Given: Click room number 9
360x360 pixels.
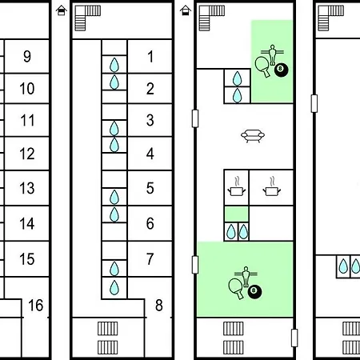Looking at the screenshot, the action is click(27, 56).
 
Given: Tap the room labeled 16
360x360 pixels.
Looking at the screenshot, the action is click(36, 306).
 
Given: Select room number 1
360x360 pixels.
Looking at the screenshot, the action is click(150, 57).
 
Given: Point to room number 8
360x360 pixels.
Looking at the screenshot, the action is click(159, 306).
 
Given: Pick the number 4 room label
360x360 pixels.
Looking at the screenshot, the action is click(150, 154).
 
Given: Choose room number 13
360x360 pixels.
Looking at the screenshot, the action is click(27, 188).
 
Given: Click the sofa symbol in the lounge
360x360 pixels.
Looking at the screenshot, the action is click(253, 136).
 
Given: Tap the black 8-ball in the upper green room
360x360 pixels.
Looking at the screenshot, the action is click(281, 70).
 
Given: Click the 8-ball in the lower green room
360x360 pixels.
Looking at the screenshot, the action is click(254, 291).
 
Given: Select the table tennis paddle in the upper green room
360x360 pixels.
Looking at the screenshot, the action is click(262, 66).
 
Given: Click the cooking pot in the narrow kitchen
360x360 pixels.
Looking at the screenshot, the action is click(236, 186).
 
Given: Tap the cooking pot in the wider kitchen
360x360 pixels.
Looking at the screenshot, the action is click(271, 186).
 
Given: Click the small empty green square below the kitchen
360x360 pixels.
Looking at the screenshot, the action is click(237, 214).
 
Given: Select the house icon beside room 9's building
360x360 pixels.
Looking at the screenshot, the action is click(62, 10).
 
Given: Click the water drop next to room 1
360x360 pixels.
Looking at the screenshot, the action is click(114, 65).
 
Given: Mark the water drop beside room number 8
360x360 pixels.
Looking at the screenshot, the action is click(114, 287).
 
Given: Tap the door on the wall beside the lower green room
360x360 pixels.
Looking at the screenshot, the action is click(195, 265).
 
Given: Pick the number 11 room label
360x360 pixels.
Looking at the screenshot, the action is click(27, 120).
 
